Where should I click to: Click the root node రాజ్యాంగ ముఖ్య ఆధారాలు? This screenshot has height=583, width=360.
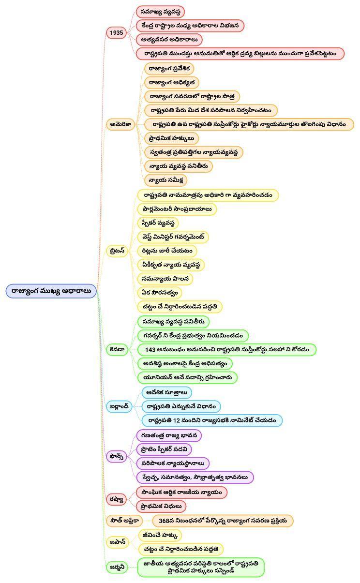click(51, 291)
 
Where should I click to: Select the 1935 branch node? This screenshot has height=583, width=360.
click(116, 33)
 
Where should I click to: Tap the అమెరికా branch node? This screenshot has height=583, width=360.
click(120, 124)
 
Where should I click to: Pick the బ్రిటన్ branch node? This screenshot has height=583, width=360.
click(117, 251)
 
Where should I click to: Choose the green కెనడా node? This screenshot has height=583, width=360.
click(117, 349)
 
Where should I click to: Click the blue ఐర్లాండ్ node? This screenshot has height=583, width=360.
click(119, 406)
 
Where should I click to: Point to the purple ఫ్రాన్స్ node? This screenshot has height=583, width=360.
click(116, 456)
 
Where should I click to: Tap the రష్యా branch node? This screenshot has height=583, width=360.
click(116, 499)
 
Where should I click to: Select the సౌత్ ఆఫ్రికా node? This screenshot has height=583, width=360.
click(124, 521)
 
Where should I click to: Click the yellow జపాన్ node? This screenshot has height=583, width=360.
click(118, 542)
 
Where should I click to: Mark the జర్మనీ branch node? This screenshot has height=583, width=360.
click(117, 567)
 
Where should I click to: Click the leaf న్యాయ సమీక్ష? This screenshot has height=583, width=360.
click(166, 180)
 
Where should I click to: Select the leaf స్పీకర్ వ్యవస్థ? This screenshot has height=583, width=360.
click(158, 223)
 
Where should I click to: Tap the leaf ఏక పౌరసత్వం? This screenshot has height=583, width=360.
click(160, 293)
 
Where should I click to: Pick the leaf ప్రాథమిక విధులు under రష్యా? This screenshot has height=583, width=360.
click(161, 506)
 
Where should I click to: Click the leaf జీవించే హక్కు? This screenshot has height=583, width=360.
click(160, 536)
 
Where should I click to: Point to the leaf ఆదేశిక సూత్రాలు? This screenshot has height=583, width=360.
click(166, 392)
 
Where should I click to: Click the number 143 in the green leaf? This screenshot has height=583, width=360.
click(150, 349)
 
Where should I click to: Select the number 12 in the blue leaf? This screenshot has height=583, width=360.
click(177, 420)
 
